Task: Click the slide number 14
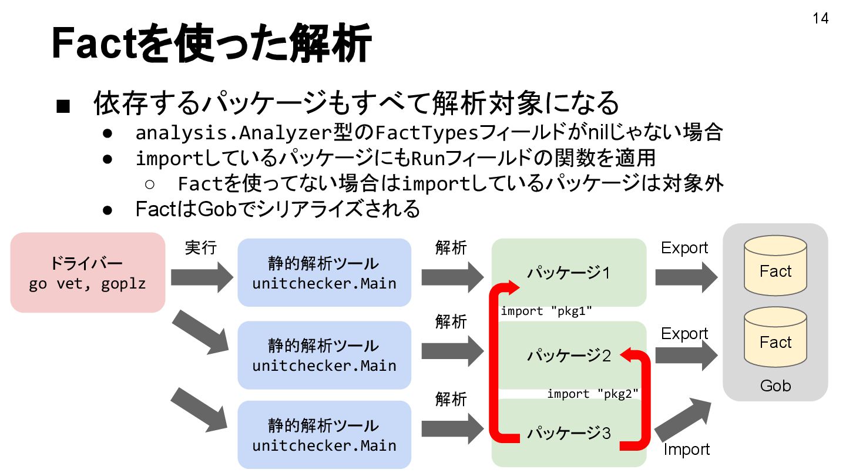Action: pyautogui.click(x=820, y=19)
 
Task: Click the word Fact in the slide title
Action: pyautogui.click(x=94, y=44)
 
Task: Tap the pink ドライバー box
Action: pyautogui.click(x=88, y=273)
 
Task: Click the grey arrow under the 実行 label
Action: pyautogui.click(x=202, y=277)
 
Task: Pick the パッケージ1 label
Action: pyautogui.click(x=568, y=273)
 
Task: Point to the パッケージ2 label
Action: pyautogui.click(x=568, y=355)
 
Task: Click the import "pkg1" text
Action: pyautogui.click(x=546, y=311)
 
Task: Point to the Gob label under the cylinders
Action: pyautogui.click(x=775, y=386)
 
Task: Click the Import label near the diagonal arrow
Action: pyautogui.click(x=686, y=450)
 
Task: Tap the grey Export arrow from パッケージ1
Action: pyautogui.click(x=686, y=277)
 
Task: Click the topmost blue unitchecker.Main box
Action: pyautogui.click(x=324, y=273)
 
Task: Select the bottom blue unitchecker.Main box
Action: pyautogui.click(x=324, y=435)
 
